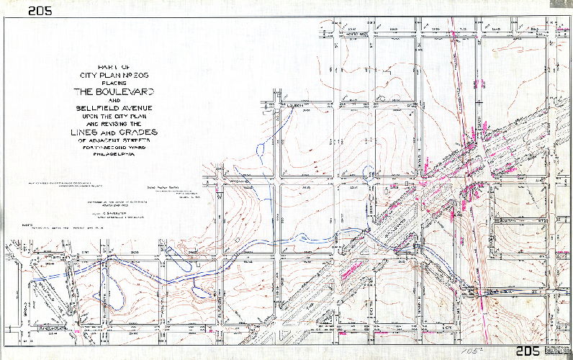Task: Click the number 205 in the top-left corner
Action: point(39,10)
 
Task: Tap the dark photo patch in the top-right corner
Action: point(561,4)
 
